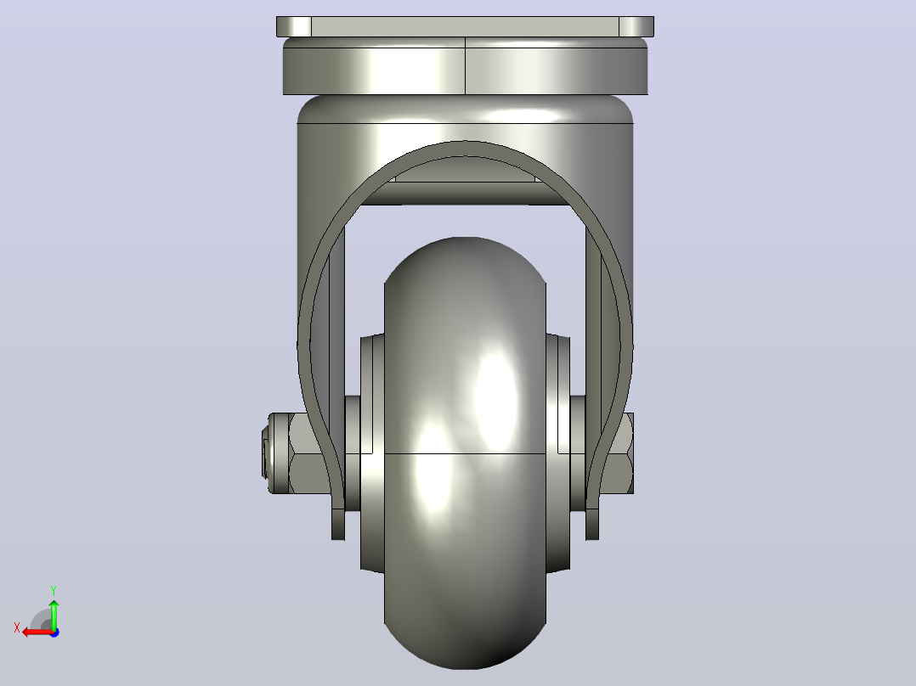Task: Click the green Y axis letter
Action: pyautogui.click(x=54, y=590)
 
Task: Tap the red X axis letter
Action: pyautogui.click(x=17, y=627)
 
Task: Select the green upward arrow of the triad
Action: pyautogui.click(x=54, y=614)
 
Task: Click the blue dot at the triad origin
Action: pyautogui.click(x=54, y=633)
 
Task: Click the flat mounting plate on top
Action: pyautogui.click(x=465, y=27)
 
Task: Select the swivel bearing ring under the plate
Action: pyautogui.click(x=465, y=66)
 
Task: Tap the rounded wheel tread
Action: pyautogui.click(x=465, y=453)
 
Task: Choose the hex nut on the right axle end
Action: pyautogui.click(x=616, y=453)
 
